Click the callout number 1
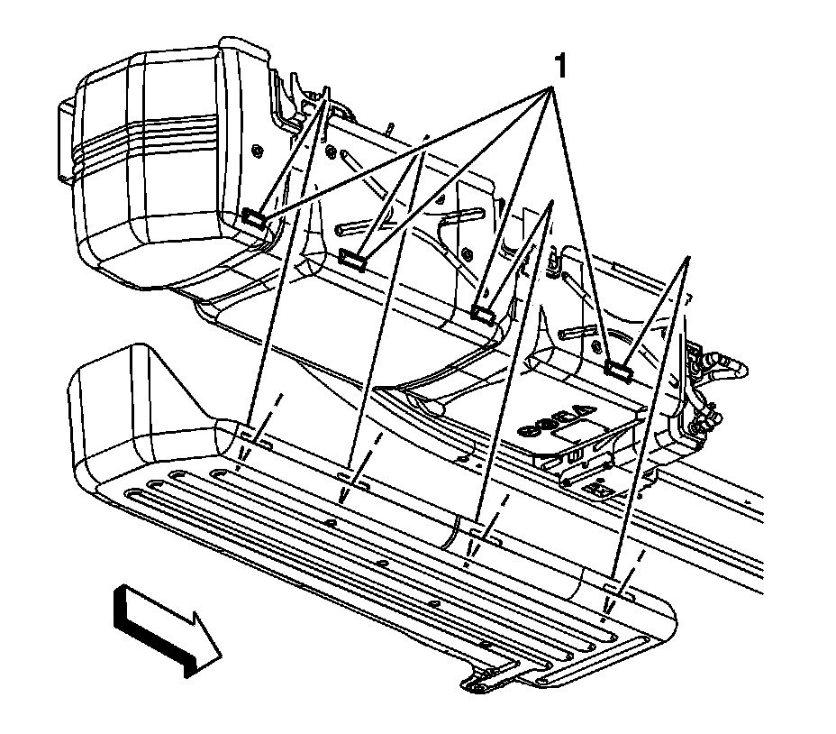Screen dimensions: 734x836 point(559,65)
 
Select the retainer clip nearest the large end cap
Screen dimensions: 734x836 point(254,216)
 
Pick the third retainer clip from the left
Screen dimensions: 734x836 point(484,313)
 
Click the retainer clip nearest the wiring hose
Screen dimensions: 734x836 point(617,367)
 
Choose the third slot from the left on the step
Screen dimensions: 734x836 point(483,534)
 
